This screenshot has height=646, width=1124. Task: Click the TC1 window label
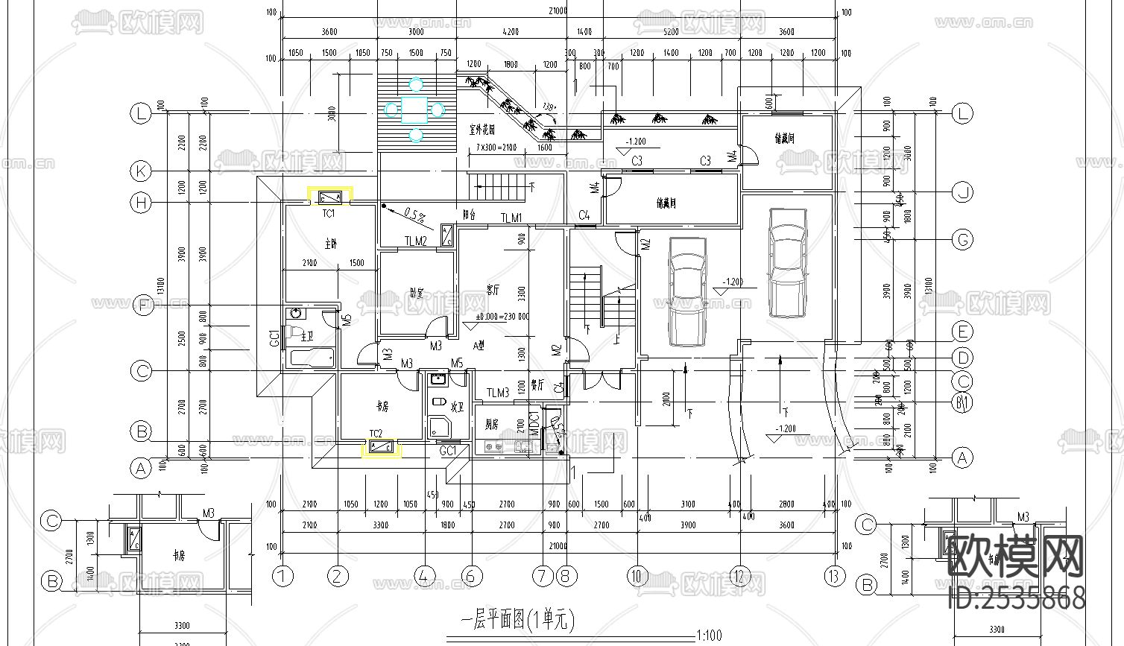329,214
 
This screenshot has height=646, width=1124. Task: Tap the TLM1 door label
511,218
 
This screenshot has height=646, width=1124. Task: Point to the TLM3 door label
498,393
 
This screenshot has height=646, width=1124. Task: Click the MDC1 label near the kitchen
534,423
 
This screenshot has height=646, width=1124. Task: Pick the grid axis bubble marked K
141,171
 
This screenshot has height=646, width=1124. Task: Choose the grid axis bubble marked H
141,202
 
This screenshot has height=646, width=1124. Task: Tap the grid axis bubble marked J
963,193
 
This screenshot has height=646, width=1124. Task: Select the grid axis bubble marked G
963,240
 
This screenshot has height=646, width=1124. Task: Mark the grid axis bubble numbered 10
637,576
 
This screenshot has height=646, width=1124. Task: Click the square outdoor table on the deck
415,110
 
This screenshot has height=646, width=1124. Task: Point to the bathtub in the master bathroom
312,359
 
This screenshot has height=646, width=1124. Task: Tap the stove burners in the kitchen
493,447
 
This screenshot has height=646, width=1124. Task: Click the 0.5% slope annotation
414,215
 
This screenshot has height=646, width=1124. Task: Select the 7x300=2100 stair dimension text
495,148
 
